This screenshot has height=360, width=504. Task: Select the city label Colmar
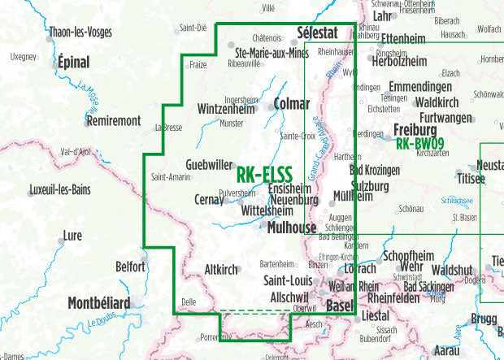coord(293,104)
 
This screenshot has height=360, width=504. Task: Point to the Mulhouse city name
coord(291,228)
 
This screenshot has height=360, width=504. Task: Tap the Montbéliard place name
coord(98,303)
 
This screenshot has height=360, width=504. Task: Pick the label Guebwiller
coord(209,164)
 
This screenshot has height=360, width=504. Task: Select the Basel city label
coord(340,306)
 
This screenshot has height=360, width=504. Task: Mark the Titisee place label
coord(471,177)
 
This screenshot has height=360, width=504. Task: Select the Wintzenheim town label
coord(232,107)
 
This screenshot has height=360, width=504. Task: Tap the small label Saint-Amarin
coord(171,177)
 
